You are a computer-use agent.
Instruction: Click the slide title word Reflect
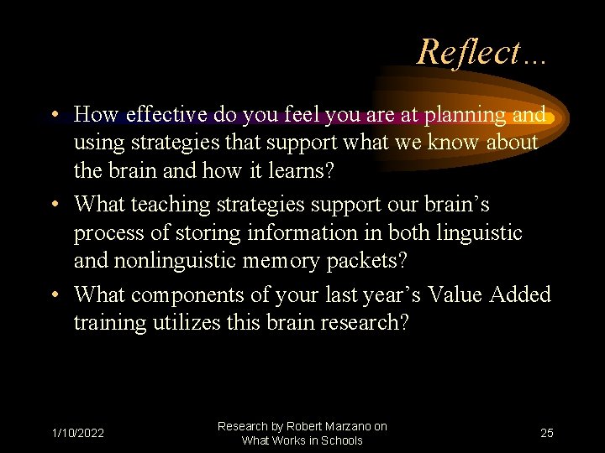(469, 52)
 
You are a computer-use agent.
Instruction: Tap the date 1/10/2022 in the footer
(77, 433)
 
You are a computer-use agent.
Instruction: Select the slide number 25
(547, 433)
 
